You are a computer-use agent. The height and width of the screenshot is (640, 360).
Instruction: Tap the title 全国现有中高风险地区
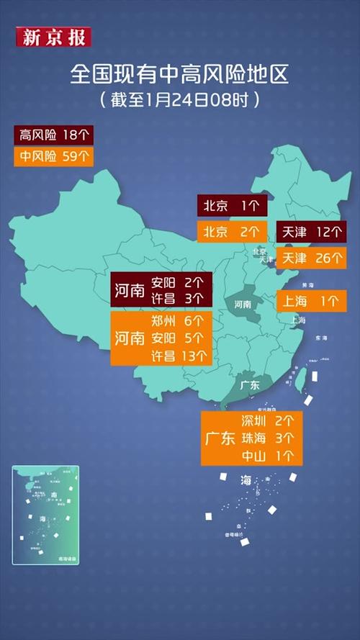(179, 73)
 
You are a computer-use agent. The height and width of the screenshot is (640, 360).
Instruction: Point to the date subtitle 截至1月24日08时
(179, 98)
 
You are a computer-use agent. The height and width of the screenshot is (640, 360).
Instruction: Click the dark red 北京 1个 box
(231, 206)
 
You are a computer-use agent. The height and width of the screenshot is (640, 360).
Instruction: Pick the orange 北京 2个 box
(231, 232)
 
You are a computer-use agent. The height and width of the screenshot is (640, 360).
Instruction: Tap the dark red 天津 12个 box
(312, 232)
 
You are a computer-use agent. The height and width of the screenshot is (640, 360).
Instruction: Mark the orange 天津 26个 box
(312, 258)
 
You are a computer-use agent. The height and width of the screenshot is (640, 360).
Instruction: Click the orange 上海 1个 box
(312, 302)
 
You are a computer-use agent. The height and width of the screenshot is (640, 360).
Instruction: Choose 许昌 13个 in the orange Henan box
(179, 356)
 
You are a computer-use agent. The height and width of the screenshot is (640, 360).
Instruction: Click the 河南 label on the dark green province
(243, 305)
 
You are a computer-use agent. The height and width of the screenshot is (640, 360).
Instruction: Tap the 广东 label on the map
(248, 385)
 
